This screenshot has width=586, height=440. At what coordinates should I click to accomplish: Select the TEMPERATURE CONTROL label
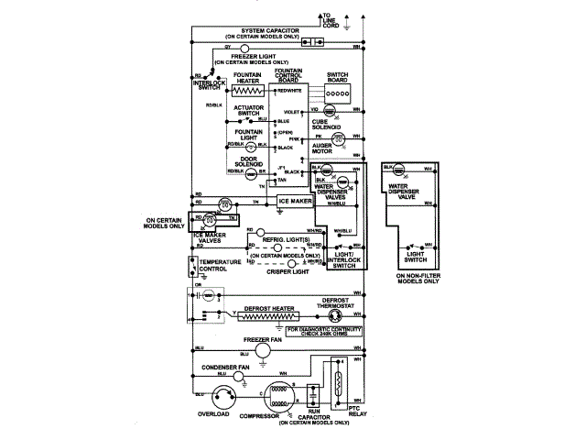tap(219, 266)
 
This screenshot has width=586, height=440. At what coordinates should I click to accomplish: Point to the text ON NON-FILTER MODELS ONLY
tap(417, 278)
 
